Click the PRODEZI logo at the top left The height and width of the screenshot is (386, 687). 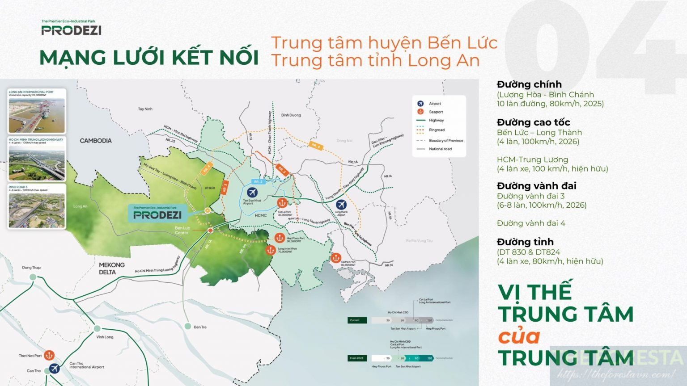(x=71, y=29)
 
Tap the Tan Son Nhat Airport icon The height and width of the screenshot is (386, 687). (x=252, y=193)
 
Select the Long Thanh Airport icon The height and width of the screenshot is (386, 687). (x=341, y=205)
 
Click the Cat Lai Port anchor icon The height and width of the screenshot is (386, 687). (x=282, y=203)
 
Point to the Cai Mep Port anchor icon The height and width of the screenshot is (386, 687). (x=336, y=258)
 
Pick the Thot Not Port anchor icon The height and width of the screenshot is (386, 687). (x=49, y=356)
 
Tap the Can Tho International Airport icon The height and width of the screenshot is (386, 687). (x=54, y=369)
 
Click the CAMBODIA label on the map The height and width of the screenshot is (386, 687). (x=96, y=141)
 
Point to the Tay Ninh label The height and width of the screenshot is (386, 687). (x=145, y=109)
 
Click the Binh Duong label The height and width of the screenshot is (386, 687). (x=291, y=115)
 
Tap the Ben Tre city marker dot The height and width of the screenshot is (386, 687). (x=188, y=327)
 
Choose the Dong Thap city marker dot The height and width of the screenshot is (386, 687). (x=33, y=277)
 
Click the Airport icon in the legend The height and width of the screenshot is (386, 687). (x=420, y=104)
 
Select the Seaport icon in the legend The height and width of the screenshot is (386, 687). (x=420, y=112)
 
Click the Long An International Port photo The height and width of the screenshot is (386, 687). (x=37, y=116)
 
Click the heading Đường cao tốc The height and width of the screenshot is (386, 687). (x=533, y=122)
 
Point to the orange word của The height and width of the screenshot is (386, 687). (x=519, y=336)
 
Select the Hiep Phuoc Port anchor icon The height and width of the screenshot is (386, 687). (x=279, y=238)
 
